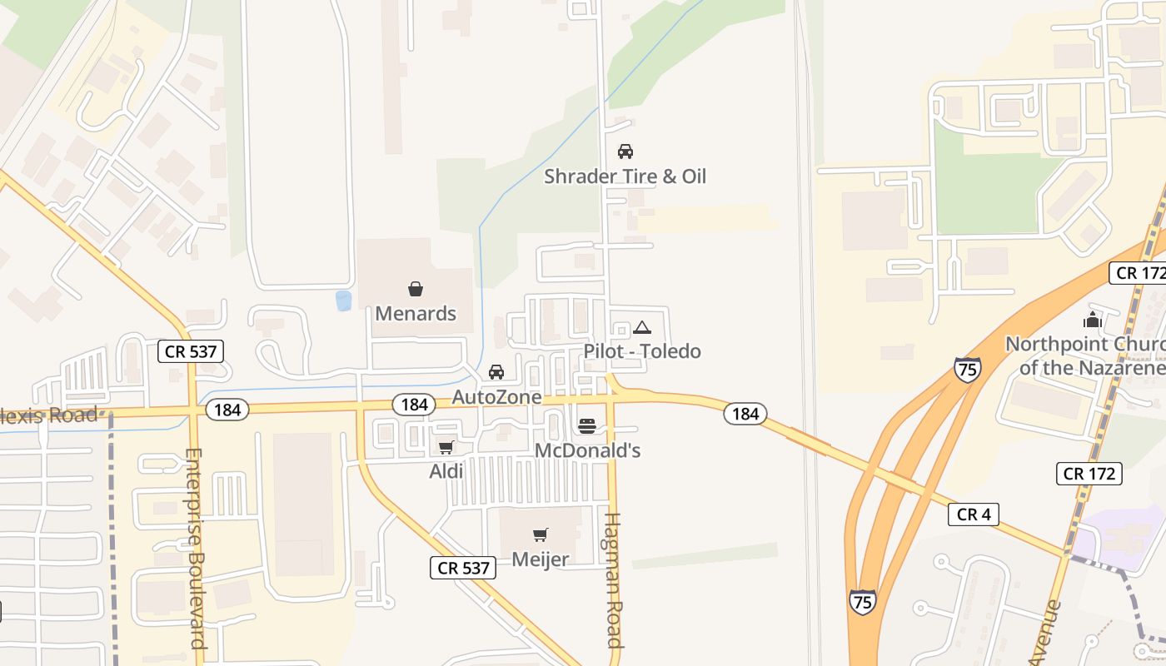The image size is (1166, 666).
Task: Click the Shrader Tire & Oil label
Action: coord(625,176)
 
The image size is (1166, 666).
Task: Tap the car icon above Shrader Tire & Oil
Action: coord(625,152)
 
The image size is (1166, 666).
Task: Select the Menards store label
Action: coord(416,313)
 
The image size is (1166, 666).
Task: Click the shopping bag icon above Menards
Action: coord(416,289)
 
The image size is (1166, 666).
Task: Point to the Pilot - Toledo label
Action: coord(642,350)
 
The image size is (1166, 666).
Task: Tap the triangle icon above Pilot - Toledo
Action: coord(642,327)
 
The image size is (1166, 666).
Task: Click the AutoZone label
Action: coord(496,397)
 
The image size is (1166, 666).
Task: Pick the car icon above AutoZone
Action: coord(496,372)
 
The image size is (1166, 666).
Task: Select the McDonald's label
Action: coord(587,450)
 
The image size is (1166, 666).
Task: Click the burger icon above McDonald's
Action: coord(587,426)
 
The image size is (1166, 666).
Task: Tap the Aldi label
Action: coord(446,471)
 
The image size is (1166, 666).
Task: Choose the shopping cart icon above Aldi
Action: coord(446,447)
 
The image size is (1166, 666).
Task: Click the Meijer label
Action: coord(541,559)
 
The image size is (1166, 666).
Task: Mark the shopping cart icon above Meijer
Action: coord(541,534)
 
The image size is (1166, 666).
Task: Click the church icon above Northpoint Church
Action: coord(1092,320)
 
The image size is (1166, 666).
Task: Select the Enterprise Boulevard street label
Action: coord(195,549)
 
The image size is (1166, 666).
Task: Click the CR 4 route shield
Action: coord(974,514)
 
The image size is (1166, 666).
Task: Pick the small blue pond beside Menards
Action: coord(343,301)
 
